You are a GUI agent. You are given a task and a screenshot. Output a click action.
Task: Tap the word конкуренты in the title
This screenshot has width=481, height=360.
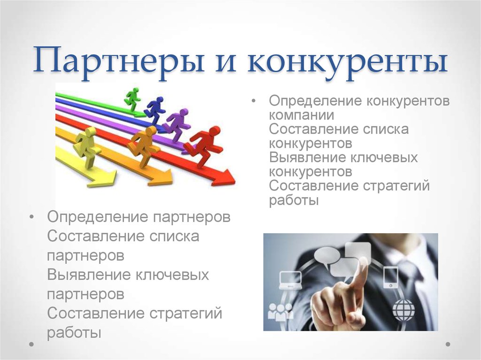coord(347,61)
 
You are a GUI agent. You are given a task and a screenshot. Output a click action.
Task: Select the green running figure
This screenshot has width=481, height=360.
coord(132,99)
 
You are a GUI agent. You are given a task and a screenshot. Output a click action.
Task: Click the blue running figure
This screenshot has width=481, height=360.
coord(155,110)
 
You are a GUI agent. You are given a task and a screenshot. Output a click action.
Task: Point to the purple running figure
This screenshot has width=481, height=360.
coord(177,124)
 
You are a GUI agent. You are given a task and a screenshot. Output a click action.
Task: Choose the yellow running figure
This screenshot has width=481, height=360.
coord(87,147)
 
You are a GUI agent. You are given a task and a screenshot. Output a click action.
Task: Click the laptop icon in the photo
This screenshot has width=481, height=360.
coord(290,280)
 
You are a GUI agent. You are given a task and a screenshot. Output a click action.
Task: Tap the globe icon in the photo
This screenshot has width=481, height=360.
coord(403,310)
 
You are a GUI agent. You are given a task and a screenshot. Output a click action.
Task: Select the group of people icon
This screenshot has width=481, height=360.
coord(280,312)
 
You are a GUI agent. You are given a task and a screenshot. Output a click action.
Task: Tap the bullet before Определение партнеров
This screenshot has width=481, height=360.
coord(31,217)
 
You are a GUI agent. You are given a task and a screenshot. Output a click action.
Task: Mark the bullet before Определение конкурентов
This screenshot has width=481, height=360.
coord(253,100)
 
